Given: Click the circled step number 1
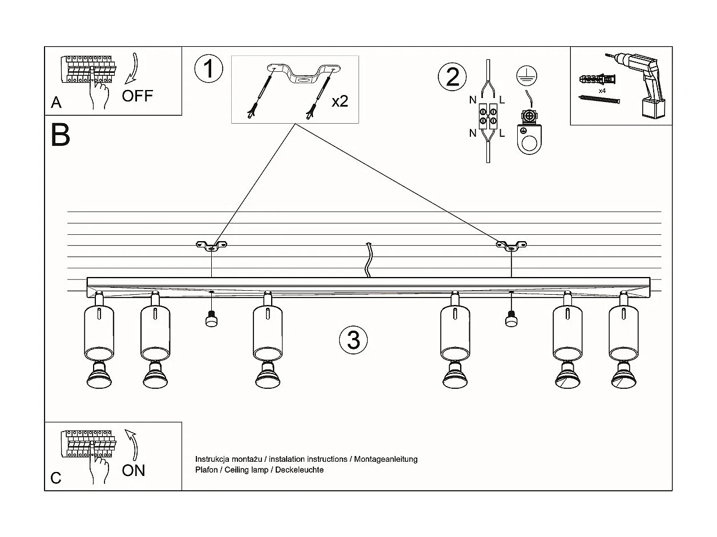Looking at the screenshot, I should click(x=208, y=69).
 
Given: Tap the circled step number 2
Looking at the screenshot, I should click(x=452, y=76).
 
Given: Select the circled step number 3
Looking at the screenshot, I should click(x=353, y=340).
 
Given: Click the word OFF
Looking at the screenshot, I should click(x=138, y=95).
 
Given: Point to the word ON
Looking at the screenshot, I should click(x=134, y=470).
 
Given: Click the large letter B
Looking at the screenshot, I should click(x=61, y=136).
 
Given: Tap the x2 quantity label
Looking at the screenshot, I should click(x=340, y=101).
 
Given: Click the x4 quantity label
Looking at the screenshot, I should click(x=602, y=91).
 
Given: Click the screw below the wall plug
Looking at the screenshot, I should click(x=599, y=100).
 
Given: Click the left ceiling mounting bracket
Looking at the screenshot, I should click(x=211, y=246).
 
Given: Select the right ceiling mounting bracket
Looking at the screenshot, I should click(x=511, y=246).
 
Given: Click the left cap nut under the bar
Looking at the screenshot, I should click(x=212, y=320).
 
